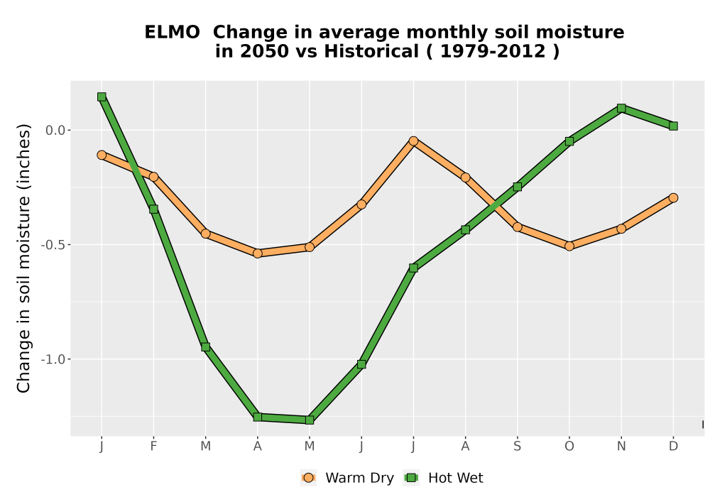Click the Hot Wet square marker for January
click(102, 97)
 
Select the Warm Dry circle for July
click(413, 141)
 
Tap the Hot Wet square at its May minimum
click(310, 420)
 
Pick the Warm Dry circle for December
click(673, 198)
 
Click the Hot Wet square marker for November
click(621, 108)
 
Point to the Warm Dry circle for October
click(569, 246)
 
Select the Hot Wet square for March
click(206, 347)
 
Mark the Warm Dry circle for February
click(153, 177)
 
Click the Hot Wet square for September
click(518, 187)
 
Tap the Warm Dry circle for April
click(258, 253)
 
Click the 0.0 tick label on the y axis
click(55, 131)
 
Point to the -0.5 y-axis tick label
click(53, 245)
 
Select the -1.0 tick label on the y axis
click(53, 359)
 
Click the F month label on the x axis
click(153, 447)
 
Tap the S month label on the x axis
click(518, 447)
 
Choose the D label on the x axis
click(673, 447)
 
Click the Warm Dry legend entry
click(347, 478)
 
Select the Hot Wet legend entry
click(443, 478)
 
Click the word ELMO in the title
click(172, 33)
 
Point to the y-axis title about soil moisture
click(23, 258)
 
